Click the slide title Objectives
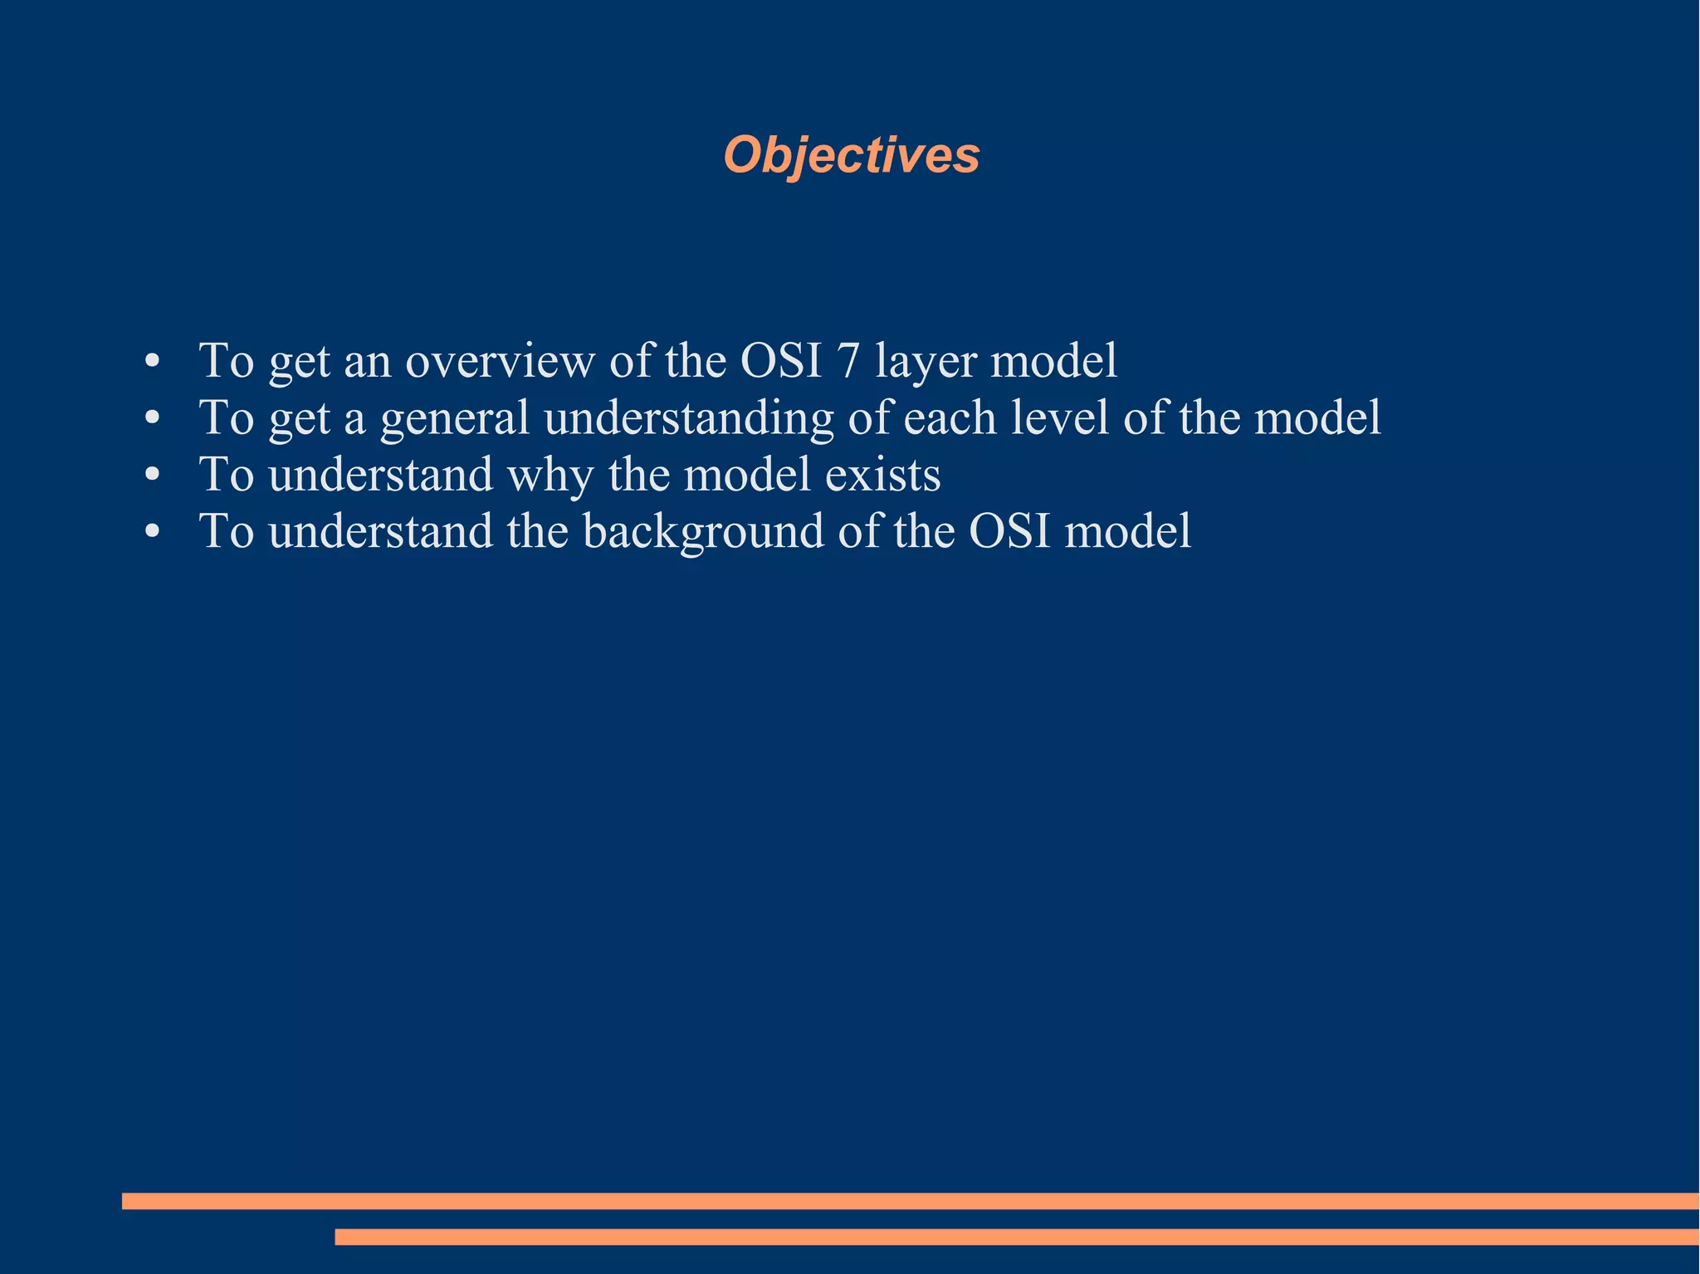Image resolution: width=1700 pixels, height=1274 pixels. click(851, 155)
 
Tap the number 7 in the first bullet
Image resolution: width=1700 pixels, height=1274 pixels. click(848, 361)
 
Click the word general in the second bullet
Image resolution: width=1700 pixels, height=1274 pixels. click(454, 419)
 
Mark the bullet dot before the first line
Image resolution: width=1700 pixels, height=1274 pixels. click(151, 363)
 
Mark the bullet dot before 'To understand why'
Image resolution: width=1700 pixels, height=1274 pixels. click(151, 476)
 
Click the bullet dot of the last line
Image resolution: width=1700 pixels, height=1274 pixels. click(151, 533)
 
